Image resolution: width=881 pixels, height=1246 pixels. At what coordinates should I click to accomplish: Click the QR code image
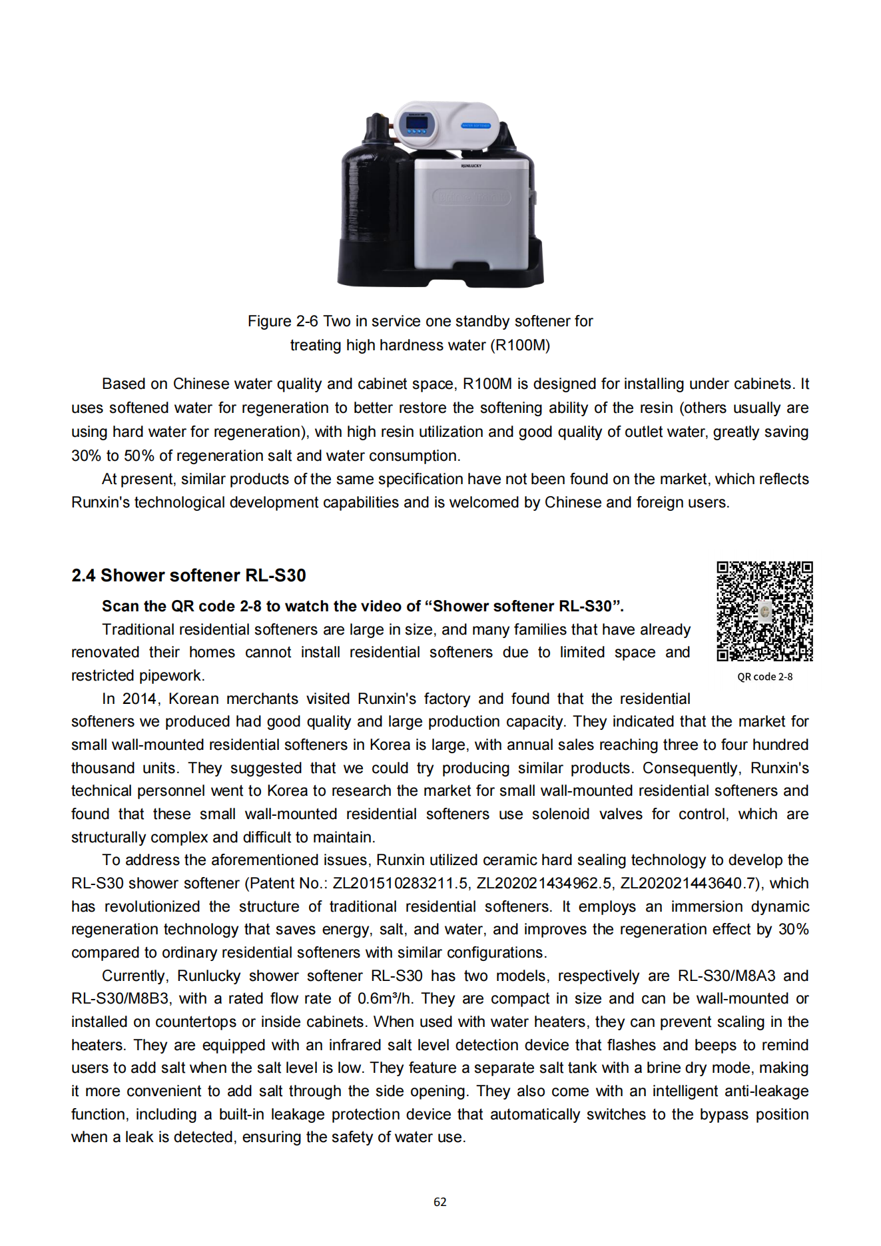click(x=764, y=611)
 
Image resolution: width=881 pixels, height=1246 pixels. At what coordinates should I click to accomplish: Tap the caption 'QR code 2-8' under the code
click(x=764, y=677)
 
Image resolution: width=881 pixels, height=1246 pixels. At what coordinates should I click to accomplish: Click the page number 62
click(x=440, y=1202)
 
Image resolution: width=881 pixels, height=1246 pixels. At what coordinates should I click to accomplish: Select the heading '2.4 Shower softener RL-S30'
click(x=188, y=575)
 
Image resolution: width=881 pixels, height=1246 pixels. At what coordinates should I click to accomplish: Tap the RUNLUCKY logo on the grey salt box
click(x=471, y=165)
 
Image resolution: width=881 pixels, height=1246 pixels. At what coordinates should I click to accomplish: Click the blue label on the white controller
click(x=476, y=125)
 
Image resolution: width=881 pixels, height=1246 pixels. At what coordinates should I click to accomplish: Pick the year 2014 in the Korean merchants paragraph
click(x=139, y=699)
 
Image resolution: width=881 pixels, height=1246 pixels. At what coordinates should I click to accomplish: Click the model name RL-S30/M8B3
click(x=121, y=998)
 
